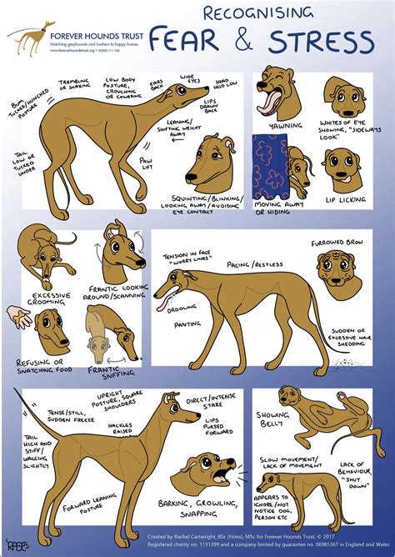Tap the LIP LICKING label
(x=342, y=201)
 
